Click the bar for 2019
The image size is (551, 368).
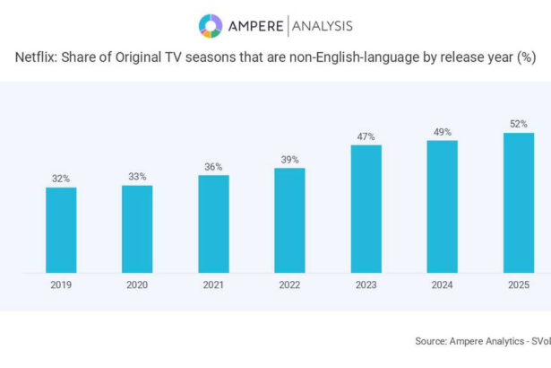(61, 230)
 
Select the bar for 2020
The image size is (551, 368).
(137, 229)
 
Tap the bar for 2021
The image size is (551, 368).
(213, 223)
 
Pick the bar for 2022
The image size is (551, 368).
(289, 220)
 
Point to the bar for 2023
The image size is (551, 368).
(366, 208)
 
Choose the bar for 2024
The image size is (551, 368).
(442, 206)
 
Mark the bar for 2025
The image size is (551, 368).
(518, 203)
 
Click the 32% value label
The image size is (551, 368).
(61, 179)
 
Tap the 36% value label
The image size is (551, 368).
(213, 167)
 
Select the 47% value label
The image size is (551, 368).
(366, 136)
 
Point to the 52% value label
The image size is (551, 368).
(518, 125)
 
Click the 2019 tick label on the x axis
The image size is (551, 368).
(61, 285)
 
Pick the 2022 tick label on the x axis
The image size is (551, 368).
(289, 285)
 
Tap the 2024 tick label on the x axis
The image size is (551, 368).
(442, 285)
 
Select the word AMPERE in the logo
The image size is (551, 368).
(254, 26)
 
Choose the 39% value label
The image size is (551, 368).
(289, 160)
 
